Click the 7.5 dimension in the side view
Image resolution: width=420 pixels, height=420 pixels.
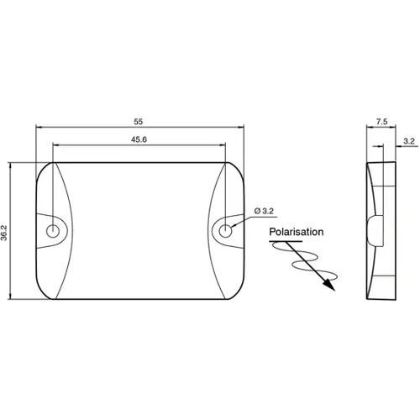pos(381,121)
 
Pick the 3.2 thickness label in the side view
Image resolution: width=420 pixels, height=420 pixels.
pos(408,143)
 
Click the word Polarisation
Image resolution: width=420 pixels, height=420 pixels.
pos(297,232)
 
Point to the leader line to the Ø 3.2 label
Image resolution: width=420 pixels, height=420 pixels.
pos(241,218)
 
